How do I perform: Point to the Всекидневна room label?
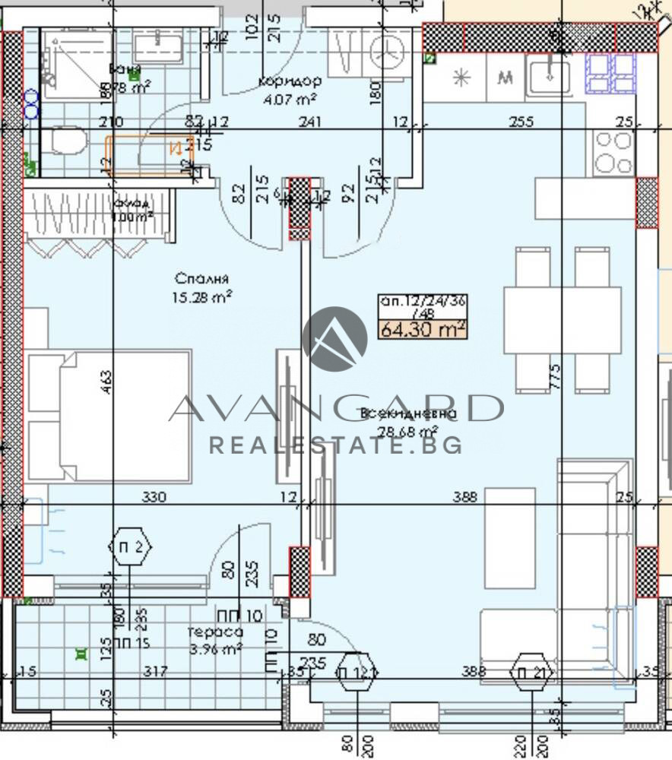tap(410, 414)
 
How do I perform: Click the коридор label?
tap(289, 81)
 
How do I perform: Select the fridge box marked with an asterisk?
tap(461, 77)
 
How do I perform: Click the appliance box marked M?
tap(504, 77)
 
